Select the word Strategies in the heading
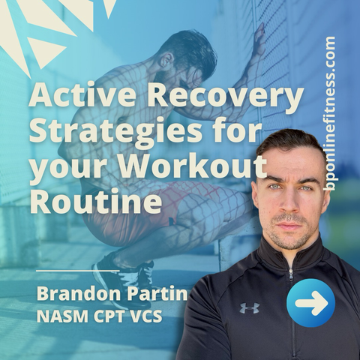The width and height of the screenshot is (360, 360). pos(116,133)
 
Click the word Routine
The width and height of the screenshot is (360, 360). pos(95,199)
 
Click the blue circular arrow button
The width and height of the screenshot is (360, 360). pos(310,303)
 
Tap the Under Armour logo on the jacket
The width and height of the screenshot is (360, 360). pos(250,307)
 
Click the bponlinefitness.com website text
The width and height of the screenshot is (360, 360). pos(329,114)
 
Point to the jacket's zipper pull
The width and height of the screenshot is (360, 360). pos(291,275)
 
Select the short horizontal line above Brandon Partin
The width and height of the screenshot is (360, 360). pos(78,271)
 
